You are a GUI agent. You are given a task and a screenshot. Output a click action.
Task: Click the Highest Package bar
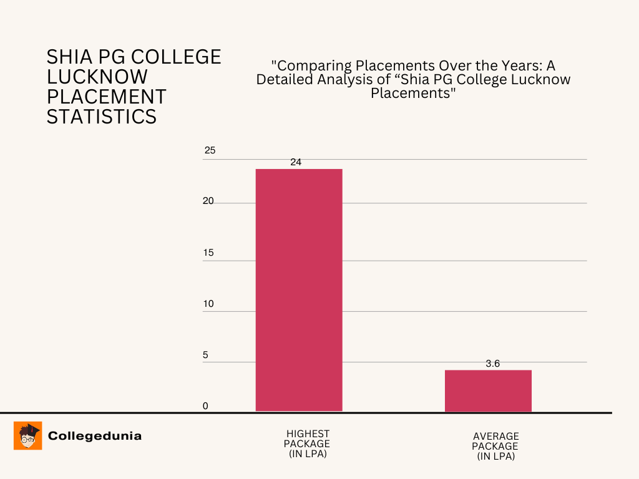coord(299,290)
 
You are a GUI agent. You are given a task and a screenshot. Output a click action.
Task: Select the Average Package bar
coord(488,391)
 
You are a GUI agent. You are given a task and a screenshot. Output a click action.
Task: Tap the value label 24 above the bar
coord(296,162)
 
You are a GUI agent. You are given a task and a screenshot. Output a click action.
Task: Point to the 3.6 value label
coord(493,364)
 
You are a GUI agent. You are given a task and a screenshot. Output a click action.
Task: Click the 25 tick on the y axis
coord(210,150)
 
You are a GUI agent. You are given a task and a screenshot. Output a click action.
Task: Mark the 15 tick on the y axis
coord(208,253)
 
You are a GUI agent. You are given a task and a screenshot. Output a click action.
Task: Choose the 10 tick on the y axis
coord(208,304)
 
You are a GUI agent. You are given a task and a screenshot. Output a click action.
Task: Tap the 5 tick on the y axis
coord(205,355)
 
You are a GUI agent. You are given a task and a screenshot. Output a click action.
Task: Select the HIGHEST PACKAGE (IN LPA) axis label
coord(308,443)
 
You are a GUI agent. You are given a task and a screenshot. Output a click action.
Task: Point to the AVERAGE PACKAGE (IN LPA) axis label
coord(495,447)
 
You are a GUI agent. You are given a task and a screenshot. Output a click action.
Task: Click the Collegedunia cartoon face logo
coord(27,435)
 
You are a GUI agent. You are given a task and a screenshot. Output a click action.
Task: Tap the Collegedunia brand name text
coord(95,436)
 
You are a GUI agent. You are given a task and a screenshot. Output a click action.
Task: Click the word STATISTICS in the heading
coord(102,117)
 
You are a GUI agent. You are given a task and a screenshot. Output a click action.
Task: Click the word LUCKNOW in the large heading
coord(97,77)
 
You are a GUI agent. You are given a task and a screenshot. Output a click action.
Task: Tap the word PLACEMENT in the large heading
coord(107,97)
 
